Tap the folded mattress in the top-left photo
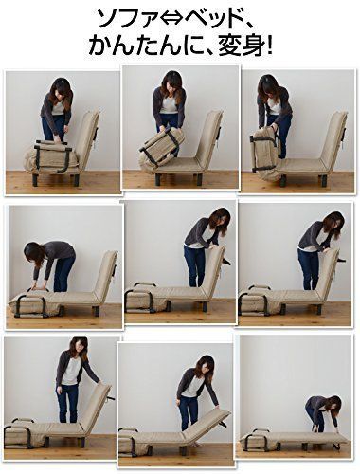point(50,157)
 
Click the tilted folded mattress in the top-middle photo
point(162,147)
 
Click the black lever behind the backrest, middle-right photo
point(340,261)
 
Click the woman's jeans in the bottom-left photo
point(68,403)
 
